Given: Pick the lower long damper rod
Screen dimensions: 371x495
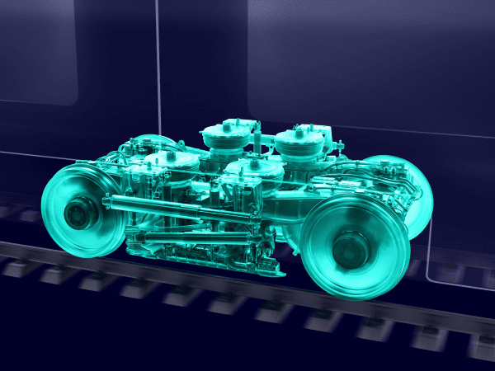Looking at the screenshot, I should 198,239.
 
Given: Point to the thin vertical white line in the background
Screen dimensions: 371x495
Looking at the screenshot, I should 157,66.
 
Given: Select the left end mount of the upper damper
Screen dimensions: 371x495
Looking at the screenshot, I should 110,200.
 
